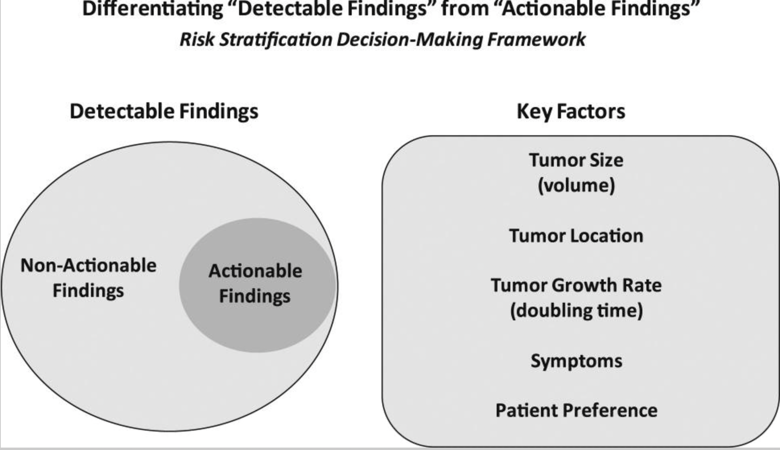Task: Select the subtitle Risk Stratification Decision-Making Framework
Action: click(x=382, y=39)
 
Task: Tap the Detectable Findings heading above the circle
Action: click(x=164, y=111)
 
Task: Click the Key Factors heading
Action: click(x=571, y=111)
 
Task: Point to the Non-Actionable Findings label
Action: click(x=88, y=278)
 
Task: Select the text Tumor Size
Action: click(x=576, y=160)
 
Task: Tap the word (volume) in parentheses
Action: click(x=576, y=186)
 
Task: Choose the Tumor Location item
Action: click(x=576, y=236)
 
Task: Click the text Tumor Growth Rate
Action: click(x=576, y=285)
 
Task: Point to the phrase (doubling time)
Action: click(x=576, y=311)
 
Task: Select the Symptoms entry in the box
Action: click(x=576, y=361)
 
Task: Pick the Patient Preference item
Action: click(x=576, y=411)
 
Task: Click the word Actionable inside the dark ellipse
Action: click(x=255, y=271)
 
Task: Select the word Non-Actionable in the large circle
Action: click(x=88, y=266)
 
